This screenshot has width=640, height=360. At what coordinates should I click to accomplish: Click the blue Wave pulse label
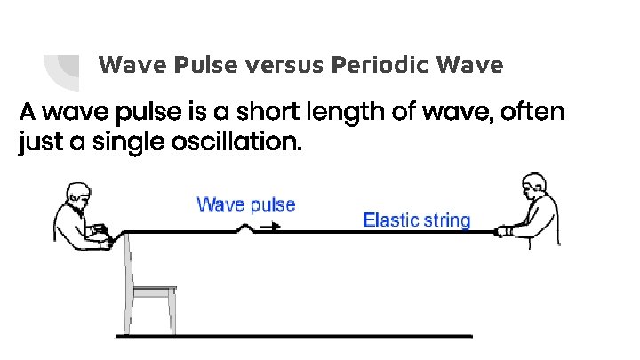click(x=245, y=204)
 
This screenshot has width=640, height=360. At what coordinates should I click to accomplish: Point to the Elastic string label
click(x=417, y=220)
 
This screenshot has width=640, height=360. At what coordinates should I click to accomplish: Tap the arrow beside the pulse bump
click(x=271, y=226)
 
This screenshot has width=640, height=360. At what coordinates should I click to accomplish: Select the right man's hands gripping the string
click(x=504, y=232)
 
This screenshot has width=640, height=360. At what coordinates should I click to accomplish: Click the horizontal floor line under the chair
click(x=293, y=336)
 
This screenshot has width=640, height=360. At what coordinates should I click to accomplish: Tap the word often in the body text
click(x=534, y=115)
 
